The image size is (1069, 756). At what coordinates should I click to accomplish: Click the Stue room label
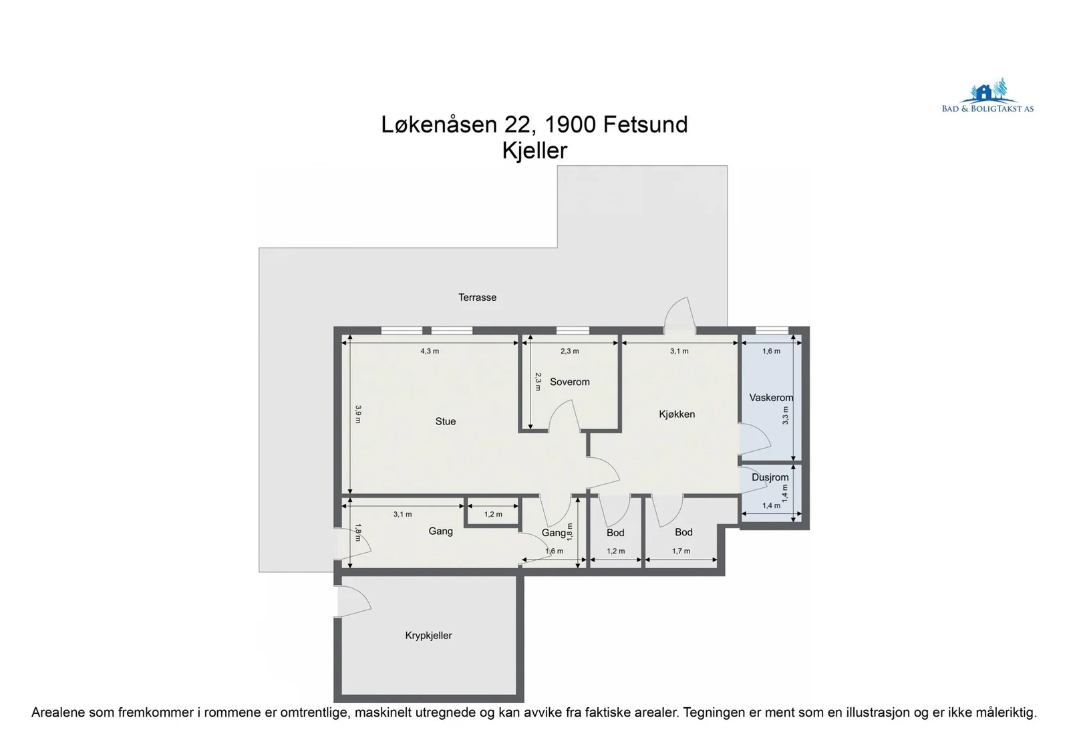point(445,421)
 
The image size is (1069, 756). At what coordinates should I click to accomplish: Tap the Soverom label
point(569,382)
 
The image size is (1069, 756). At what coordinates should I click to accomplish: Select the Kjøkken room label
point(677,414)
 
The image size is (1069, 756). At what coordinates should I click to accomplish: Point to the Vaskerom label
point(771,397)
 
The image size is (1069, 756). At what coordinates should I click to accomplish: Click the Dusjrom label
point(770,477)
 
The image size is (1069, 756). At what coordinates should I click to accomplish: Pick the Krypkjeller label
point(428,636)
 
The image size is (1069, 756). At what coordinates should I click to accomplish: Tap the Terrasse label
point(477,297)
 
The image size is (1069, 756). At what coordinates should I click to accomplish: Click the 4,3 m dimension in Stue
point(430,351)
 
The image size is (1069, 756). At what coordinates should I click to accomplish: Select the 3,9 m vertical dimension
point(358,414)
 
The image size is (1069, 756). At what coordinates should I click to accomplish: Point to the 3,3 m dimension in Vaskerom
point(786,416)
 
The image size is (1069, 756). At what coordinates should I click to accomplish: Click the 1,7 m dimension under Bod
point(681,551)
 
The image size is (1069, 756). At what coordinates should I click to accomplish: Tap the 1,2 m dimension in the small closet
point(493,514)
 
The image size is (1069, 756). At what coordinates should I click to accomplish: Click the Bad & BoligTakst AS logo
point(987,96)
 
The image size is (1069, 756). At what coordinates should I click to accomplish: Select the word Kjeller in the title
point(534,150)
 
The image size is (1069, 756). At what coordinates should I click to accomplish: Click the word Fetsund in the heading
point(645,124)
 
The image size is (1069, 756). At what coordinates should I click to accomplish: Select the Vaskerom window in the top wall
point(772,330)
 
